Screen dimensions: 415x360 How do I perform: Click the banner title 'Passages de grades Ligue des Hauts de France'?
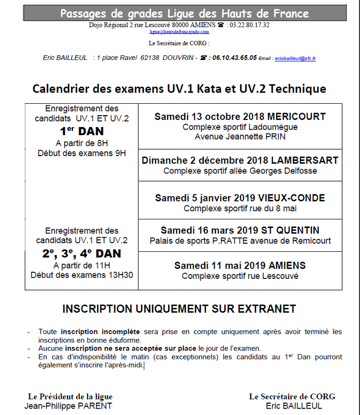[x=184, y=14]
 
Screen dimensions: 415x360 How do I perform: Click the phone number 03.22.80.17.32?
[x=249, y=25]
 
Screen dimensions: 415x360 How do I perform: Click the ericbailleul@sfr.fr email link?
[x=295, y=58]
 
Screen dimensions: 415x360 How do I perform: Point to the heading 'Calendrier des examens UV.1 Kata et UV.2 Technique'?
[x=179, y=89]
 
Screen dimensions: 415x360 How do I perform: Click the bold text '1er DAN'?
[x=82, y=131]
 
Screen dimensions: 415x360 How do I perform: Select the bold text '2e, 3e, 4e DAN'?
[x=82, y=253]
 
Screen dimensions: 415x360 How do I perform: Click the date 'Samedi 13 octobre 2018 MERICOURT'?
[x=240, y=117]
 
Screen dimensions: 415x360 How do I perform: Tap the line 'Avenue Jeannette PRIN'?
[x=240, y=136]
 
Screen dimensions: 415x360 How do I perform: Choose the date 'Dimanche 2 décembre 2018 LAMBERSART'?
[x=240, y=160]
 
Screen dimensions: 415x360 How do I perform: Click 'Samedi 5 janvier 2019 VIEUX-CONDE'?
[x=240, y=198]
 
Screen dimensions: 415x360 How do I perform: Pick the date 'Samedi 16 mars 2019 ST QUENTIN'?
[x=240, y=231]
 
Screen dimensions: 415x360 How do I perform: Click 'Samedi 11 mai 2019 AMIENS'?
[x=240, y=266]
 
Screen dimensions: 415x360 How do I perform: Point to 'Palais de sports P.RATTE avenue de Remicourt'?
[x=240, y=240]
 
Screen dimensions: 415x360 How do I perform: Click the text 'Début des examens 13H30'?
[x=82, y=275]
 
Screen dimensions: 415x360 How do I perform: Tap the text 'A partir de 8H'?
[x=82, y=143]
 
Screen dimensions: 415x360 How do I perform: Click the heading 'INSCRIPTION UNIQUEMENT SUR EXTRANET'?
[x=179, y=309]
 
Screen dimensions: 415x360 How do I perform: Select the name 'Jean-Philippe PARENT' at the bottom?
[x=69, y=406]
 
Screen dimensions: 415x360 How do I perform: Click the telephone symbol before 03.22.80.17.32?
[x=221, y=25]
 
